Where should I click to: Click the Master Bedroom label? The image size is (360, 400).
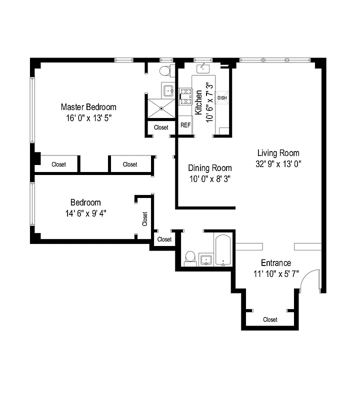pyautogui.click(x=88, y=107)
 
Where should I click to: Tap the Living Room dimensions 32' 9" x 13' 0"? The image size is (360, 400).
pyautogui.click(x=278, y=163)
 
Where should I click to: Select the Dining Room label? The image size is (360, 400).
pyautogui.click(x=209, y=168)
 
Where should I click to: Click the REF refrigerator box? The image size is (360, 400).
pyautogui.click(x=185, y=125)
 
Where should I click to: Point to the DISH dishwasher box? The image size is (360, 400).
pyautogui.click(x=222, y=97)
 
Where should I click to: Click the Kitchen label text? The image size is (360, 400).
pyautogui.click(x=198, y=102)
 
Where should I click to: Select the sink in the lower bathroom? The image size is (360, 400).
pyautogui.click(x=206, y=259)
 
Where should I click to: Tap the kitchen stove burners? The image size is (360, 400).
pyautogui.click(x=186, y=96)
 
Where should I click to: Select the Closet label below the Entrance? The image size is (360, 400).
pyautogui.click(x=270, y=319)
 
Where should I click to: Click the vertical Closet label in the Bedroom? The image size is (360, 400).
pyautogui.click(x=145, y=219)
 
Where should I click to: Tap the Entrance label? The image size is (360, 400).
pyautogui.click(x=275, y=263)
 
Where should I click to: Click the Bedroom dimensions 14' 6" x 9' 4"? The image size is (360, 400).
pyautogui.click(x=85, y=213)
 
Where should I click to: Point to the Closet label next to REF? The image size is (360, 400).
pyautogui.click(x=161, y=127)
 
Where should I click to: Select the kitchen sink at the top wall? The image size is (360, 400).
pyautogui.click(x=203, y=66)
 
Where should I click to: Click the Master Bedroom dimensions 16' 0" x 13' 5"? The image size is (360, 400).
pyautogui.click(x=88, y=118)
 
